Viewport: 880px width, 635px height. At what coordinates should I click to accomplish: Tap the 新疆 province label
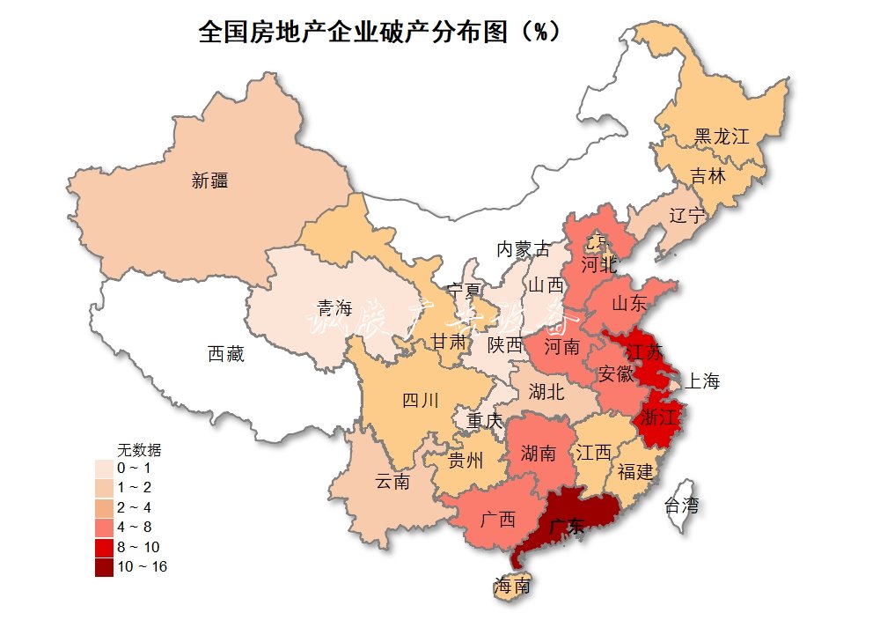209,181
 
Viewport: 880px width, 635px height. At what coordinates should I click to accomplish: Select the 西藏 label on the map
226,355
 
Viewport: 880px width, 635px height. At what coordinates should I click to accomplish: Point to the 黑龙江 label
721,137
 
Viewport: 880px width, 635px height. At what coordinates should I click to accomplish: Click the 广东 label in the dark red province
562,528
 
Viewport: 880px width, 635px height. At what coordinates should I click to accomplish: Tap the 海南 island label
512,586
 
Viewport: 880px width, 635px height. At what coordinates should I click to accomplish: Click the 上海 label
701,381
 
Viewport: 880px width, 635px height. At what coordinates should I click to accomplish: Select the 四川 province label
420,402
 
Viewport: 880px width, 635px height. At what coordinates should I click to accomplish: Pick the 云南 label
392,482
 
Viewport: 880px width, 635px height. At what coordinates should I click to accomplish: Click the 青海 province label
334,307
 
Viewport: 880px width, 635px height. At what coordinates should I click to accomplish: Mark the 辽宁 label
686,216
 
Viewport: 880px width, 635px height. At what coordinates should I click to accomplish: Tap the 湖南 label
538,454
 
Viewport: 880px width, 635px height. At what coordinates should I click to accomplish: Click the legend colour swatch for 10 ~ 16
105,566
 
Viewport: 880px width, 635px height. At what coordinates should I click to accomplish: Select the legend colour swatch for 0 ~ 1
105,468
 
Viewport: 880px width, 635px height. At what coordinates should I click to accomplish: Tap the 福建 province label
634,471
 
